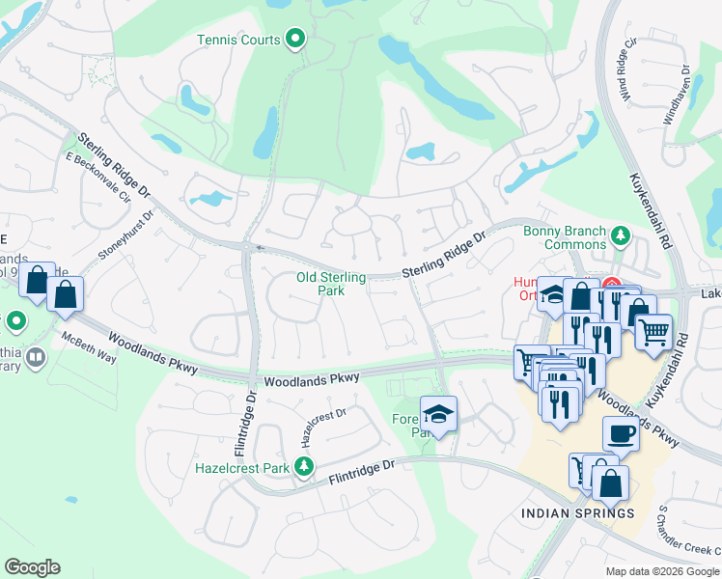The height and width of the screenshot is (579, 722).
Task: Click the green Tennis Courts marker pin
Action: click(x=296, y=40)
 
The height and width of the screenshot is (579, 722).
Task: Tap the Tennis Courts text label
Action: click(x=238, y=41)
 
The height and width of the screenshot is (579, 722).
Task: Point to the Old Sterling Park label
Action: click(x=332, y=284)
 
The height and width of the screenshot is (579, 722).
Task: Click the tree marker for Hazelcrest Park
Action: click(x=305, y=468)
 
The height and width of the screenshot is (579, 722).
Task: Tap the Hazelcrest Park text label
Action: click(x=242, y=468)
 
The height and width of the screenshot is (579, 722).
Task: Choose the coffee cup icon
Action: click(x=621, y=434)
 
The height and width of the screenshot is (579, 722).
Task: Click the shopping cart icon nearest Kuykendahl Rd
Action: click(x=653, y=333)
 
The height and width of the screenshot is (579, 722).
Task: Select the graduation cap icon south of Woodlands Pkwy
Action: click(x=439, y=414)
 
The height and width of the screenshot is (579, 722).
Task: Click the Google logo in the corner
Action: click(x=32, y=567)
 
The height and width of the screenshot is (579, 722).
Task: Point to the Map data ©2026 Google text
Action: click(x=662, y=571)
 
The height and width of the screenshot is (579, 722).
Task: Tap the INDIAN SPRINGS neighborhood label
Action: click(x=578, y=513)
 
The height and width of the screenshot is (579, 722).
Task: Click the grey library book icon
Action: click(x=36, y=359)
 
